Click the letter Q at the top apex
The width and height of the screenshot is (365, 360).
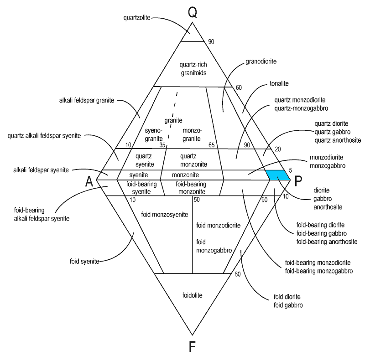193,12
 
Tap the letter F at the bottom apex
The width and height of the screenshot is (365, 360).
193,347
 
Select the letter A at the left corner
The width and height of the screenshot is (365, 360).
90,181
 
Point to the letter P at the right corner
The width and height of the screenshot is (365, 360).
298,181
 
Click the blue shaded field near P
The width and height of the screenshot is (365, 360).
278,175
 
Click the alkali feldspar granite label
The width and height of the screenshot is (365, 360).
86,100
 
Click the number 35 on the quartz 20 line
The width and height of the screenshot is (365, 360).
162,145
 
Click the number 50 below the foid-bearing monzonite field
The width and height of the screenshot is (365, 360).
197,200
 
